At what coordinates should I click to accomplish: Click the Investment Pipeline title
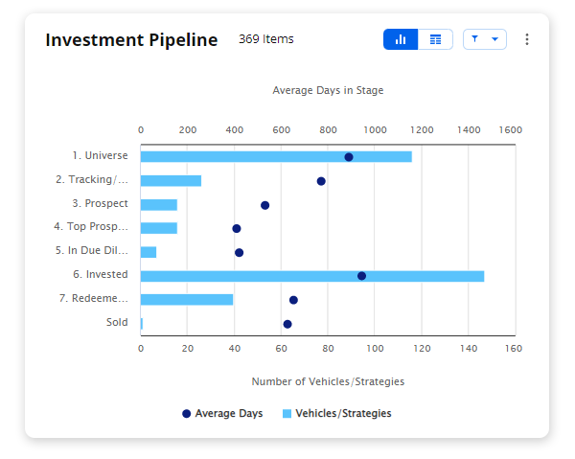(x=131, y=40)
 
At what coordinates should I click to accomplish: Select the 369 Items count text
(x=266, y=39)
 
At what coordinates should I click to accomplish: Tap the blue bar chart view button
(x=401, y=39)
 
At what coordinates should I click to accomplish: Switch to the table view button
(x=436, y=39)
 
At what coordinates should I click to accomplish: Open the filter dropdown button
(x=484, y=39)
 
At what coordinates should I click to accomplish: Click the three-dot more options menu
(x=526, y=39)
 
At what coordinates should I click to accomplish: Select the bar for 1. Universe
(x=276, y=156)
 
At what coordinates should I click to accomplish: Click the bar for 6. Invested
(x=311, y=276)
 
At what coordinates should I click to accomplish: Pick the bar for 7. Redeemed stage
(x=186, y=300)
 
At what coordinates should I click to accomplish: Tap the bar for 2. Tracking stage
(x=171, y=181)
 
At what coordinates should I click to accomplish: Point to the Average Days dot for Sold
(x=287, y=324)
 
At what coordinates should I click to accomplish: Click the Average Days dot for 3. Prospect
(x=265, y=205)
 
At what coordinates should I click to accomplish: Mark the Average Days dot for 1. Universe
(x=349, y=157)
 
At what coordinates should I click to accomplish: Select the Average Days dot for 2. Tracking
(x=321, y=181)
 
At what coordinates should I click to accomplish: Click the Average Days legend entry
(x=222, y=414)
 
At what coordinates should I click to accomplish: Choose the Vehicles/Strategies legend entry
(x=336, y=414)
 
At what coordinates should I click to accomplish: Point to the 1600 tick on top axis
(x=510, y=129)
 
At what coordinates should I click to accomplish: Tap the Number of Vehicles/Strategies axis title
(x=328, y=381)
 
